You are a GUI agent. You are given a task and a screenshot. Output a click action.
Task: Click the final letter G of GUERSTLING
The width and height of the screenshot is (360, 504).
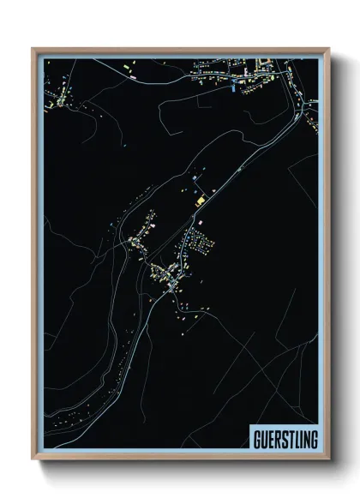314,439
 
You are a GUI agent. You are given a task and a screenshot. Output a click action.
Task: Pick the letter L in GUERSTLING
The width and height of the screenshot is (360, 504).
297,439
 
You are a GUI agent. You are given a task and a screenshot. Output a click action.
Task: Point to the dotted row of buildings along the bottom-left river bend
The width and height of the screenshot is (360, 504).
77,416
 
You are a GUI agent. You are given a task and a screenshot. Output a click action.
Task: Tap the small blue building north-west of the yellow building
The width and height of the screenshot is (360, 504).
196,177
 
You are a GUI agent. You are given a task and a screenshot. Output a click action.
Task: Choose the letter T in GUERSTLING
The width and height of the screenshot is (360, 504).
291,439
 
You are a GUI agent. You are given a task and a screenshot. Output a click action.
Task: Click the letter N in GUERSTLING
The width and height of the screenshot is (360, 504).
306,439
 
